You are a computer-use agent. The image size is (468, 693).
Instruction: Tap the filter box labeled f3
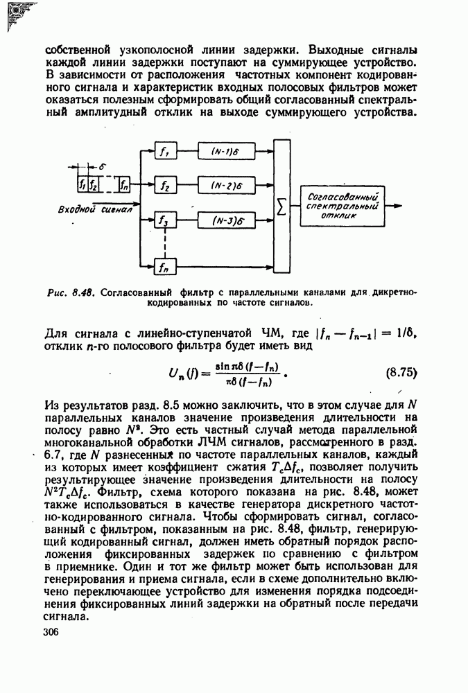(x=164, y=222)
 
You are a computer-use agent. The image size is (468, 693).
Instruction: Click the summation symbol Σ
(x=281, y=207)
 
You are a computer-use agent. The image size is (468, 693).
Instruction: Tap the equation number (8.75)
(x=400, y=371)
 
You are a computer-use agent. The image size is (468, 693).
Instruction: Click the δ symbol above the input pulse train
(x=101, y=167)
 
